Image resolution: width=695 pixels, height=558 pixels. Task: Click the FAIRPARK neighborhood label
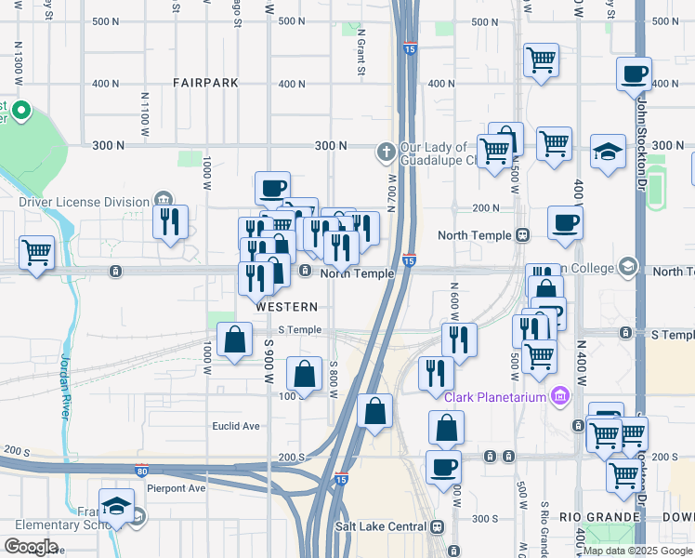click(205, 83)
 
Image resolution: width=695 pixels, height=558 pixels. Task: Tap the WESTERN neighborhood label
click(287, 306)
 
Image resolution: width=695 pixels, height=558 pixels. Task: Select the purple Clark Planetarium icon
click(559, 397)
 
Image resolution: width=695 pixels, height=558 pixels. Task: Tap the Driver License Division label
click(84, 202)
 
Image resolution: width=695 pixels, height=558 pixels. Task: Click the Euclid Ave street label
click(239, 426)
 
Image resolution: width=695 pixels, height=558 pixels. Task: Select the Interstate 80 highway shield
click(141, 471)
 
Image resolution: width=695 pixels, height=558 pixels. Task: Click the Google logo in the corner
click(31, 547)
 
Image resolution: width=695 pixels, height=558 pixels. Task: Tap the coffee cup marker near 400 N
click(635, 74)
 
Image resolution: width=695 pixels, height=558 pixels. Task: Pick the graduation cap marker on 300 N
click(609, 153)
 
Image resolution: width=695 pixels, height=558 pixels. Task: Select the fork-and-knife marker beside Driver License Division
click(169, 222)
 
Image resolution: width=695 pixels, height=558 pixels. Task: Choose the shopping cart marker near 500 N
click(541, 60)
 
